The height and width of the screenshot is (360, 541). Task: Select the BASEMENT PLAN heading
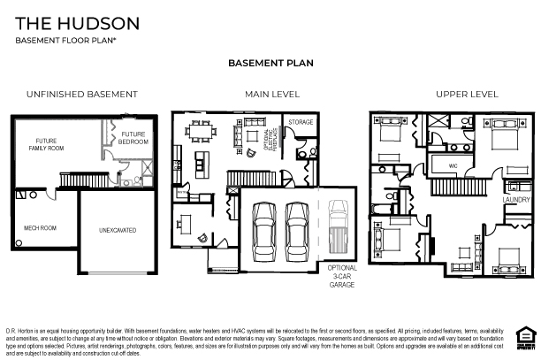(270, 64)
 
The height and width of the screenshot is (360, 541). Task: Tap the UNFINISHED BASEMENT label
(81, 94)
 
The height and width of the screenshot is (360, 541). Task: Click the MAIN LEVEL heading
(272, 94)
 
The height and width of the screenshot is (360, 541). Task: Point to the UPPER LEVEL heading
(467, 94)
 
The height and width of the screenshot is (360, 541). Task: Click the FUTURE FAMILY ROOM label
(46, 144)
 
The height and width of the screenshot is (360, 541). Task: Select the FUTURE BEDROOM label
(133, 138)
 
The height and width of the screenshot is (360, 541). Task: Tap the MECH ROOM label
(40, 228)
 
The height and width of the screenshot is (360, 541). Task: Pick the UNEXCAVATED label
(117, 230)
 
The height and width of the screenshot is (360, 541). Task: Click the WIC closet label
(452, 165)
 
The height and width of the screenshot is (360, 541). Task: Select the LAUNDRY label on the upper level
(516, 200)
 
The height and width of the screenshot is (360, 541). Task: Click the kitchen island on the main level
(202, 162)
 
